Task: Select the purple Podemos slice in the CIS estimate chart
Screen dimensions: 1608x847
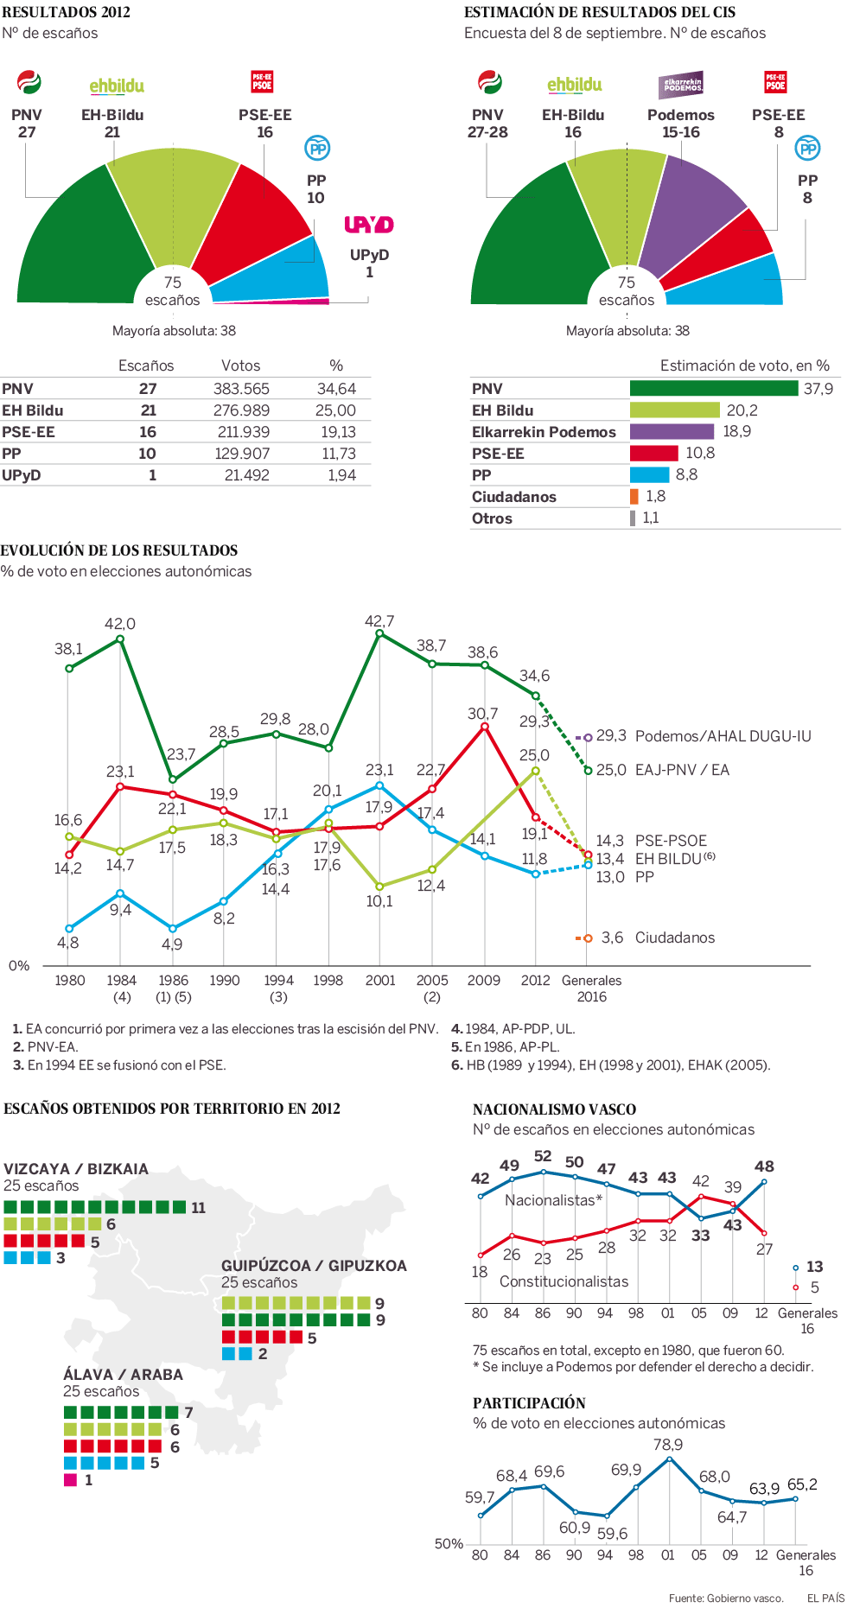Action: point(687,216)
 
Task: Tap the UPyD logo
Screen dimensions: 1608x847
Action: point(369,225)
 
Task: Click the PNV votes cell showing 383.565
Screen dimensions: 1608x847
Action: point(241,389)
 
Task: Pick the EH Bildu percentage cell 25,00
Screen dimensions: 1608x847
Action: point(335,410)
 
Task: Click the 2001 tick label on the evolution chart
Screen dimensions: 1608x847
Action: point(380,980)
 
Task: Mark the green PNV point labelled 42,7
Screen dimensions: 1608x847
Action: point(379,633)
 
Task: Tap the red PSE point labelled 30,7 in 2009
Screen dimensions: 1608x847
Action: point(484,727)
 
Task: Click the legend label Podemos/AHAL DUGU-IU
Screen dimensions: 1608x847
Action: point(723,736)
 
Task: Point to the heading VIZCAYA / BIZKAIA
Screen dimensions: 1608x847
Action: point(76,1169)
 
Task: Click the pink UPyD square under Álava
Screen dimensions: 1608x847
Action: point(71,1480)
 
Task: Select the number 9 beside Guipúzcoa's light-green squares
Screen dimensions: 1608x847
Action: point(379,1303)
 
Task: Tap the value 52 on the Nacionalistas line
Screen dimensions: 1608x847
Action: point(543,1156)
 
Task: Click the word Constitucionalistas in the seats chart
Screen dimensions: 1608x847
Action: point(564,1281)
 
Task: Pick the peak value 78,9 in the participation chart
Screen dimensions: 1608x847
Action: point(668,1445)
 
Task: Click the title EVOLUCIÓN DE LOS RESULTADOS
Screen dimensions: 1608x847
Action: point(119,550)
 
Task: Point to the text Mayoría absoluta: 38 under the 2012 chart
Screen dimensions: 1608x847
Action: point(174,331)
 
